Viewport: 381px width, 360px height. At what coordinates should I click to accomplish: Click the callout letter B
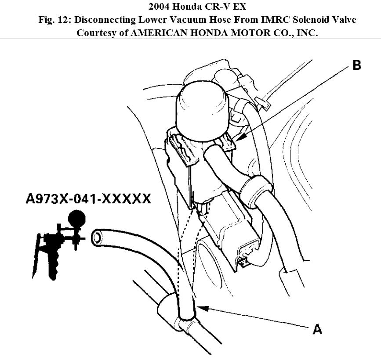coord(356,65)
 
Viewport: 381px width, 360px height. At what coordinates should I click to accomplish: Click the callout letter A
coord(317,329)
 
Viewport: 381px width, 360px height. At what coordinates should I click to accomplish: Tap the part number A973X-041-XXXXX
coord(88,199)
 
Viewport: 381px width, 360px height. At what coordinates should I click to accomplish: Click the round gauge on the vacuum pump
coord(77,217)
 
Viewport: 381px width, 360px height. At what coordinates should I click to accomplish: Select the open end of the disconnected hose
coord(97,238)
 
